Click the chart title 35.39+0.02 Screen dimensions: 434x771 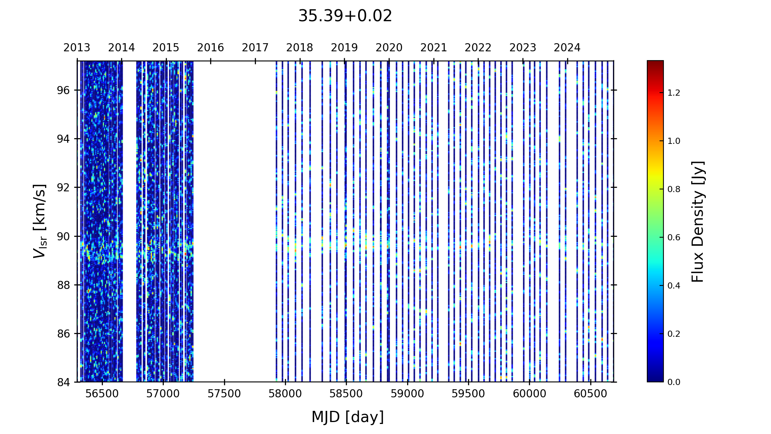coord(345,16)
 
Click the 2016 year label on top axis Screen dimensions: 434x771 coord(210,48)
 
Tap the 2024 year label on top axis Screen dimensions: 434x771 coord(567,48)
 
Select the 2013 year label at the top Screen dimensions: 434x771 coord(77,48)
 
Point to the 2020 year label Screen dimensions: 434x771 coord(389,48)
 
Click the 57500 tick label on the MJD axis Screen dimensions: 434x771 coord(224,394)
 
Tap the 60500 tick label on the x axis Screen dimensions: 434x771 coord(590,394)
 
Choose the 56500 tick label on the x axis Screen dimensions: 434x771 coord(102,394)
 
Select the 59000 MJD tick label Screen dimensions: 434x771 coord(407,394)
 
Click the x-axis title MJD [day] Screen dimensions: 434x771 coord(348,417)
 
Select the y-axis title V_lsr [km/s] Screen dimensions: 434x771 coord(40,221)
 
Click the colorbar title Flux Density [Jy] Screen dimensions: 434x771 coord(698,221)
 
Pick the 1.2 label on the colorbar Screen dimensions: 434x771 coord(674,93)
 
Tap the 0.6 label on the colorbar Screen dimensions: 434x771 coord(674,238)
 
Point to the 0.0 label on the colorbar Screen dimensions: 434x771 coord(674,382)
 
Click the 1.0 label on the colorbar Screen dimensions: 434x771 coord(674,141)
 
